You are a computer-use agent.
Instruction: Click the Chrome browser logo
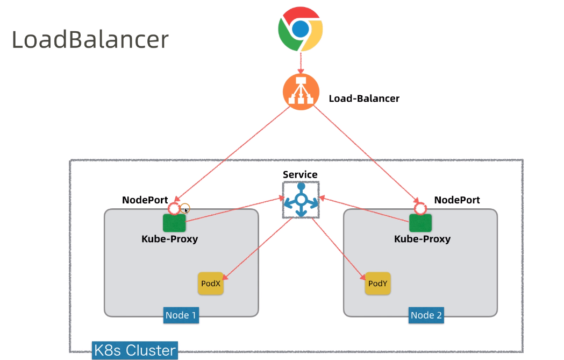pos(301,29)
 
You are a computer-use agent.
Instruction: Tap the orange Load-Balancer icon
pos(301,92)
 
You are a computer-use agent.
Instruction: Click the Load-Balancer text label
pos(364,98)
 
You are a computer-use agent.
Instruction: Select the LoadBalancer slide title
pos(90,40)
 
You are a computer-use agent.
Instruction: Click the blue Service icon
pos(301,200)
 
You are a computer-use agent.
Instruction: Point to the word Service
pos(300,175)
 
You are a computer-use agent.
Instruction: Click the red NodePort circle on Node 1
pos(174,208)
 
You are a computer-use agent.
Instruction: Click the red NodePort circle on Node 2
pos(420,208)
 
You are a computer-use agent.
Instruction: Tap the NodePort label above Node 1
pos(145,200)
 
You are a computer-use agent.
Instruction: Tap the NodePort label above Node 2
pos(457,200)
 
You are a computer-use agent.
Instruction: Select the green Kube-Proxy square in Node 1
pos(174,222)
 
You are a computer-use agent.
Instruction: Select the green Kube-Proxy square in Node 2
pos(420,222)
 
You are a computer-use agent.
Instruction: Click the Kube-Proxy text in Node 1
pos(169,238)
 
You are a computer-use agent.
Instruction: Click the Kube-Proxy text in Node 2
pos(422,238)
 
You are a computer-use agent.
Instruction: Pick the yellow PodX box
pos(210,283)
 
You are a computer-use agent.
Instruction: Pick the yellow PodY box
pos(377,283)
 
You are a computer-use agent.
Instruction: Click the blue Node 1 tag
pos(181,315)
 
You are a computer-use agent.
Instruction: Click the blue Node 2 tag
pos(426,315)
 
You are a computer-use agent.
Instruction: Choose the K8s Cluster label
pos(134,350)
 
